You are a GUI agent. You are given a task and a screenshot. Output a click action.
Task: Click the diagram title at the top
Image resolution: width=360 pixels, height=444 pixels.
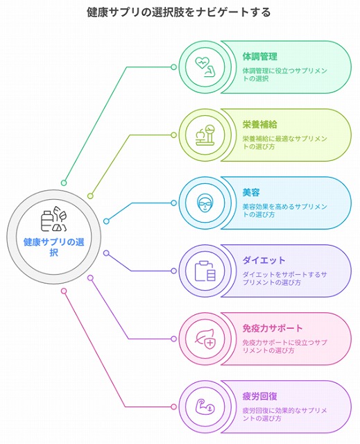pyautogui.click(x=178, y=12)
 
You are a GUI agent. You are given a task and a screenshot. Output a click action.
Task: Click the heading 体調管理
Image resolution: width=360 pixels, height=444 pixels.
pyautogui.click(x=260, y=56)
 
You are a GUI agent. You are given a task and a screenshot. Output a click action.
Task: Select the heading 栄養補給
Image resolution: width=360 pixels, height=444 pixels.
pyautogui.click(x=260, y=124)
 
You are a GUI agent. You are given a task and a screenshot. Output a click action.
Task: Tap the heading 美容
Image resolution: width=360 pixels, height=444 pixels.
pyautogui.click(x=251, y=192)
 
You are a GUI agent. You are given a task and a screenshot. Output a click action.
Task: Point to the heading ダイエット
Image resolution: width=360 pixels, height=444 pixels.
pyautogui.click(x=264, y=260)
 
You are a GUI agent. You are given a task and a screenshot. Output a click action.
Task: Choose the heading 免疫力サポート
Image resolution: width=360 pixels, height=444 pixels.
pyautogui.click(x=273, y=328)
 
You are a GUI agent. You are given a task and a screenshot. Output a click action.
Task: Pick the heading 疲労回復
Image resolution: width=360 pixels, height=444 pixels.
pyautogui.click(x=260, y=396)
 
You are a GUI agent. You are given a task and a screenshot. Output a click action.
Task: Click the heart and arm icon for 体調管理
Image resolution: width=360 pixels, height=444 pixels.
pyautogui.click(x=205, y=67)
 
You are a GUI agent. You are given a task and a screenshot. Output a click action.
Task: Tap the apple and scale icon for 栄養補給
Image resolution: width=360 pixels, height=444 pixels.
pyautogui.click(x=205, y=135)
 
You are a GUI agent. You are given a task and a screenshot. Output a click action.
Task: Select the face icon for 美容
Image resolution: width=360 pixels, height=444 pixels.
pyautogui.click(x=205, y=203)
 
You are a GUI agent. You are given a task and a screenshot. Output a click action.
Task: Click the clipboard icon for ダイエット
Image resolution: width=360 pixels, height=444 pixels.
pyautogui.click(x=205, y=271)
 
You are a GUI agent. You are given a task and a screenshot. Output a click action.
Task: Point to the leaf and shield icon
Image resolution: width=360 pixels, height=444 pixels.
pyautogui.click(x=205, y=339)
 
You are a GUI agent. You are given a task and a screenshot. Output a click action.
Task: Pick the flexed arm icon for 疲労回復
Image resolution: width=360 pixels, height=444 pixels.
pyautogui.click(x=205, y=407)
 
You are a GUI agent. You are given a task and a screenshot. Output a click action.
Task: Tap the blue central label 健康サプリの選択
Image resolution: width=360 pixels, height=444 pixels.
pyautogui.click(x=54, y=247)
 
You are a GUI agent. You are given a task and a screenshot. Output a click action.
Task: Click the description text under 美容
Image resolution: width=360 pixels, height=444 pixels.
pyautogui.click(x=284, y=210)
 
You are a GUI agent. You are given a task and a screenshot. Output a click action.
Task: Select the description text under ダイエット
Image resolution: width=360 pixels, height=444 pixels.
pyautogui.click(x=284, y=278)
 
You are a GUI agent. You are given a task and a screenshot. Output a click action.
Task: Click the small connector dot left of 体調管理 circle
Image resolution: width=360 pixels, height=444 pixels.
pyautogui.click(x=174, y=67)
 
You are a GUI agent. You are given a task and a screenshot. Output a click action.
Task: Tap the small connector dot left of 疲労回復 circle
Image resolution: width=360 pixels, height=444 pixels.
pyautogui.click(x=174, y=407)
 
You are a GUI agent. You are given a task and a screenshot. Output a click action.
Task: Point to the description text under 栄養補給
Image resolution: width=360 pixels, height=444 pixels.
pyautogui.click(x=284, y=142)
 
